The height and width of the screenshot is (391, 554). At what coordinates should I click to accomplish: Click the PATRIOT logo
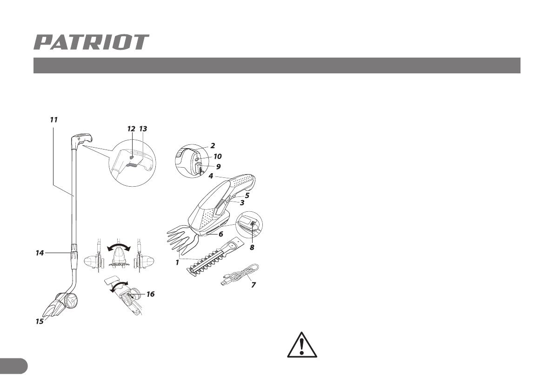(x=91, y=42)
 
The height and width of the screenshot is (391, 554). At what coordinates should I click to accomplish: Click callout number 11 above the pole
(x=53, y=119)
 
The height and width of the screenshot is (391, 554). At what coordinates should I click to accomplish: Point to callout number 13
(x=143, y=129)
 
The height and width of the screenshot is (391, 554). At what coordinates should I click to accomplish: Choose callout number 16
(x=150, y=294)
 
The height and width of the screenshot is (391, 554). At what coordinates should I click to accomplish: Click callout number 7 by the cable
(x=254, y=285)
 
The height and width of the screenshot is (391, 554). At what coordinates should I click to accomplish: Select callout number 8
(x=252, y=248)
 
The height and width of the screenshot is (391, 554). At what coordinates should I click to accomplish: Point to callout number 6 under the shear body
(x=221, y=234)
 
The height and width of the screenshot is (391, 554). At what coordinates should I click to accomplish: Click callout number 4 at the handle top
(x=211, y=176)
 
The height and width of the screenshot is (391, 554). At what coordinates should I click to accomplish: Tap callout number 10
(x=218, y=156)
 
